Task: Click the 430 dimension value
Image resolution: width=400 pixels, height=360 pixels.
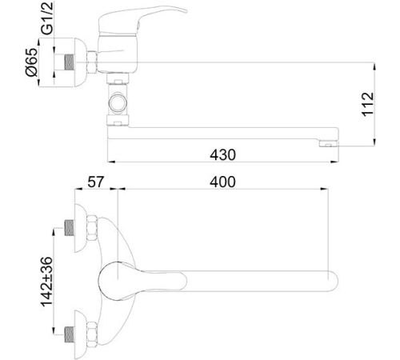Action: point(222,155)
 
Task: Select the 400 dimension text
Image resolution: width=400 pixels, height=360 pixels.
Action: point(222,182)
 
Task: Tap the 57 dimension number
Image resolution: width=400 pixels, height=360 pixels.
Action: point(95,182)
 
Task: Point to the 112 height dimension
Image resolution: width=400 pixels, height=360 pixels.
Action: point(368,104)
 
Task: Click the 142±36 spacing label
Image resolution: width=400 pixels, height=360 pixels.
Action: point(47,282)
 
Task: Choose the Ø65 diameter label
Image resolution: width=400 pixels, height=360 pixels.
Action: point(31,62)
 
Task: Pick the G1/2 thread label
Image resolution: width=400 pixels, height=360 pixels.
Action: point(47,18)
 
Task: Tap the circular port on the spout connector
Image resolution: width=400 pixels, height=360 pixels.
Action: point(118,102)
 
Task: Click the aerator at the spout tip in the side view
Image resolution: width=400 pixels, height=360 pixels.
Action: point(329,144)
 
